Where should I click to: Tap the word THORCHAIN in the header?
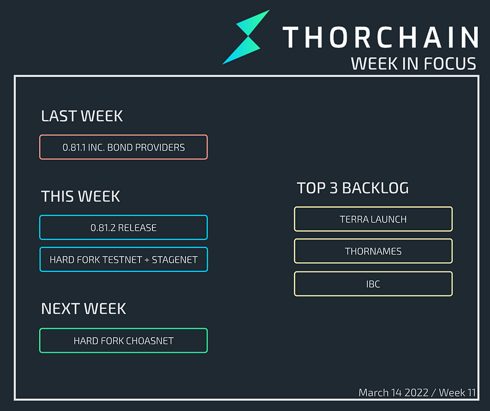pos(380,37)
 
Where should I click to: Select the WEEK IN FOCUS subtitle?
pos(413,64)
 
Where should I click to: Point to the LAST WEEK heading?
pos(82,116)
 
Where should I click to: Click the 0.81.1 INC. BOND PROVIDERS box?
pos(124,147)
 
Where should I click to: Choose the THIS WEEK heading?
pos(80,196)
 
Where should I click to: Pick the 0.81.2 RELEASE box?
pos(124,227)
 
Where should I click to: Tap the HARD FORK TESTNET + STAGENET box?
pos(124,260)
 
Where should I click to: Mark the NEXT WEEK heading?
pos(83,309)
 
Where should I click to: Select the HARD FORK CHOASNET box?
pos(124,341)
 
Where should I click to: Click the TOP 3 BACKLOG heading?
pos(353,188)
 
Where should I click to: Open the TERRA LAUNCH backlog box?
pos(373,219)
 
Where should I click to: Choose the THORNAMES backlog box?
pos(373,251)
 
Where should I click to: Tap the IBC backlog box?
pos(373,284)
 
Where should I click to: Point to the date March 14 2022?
pos(393,393)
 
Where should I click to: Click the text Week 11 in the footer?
pos(457,393)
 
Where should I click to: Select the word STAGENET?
pos(175,260)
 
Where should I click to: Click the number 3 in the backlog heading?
pos(334,188)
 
